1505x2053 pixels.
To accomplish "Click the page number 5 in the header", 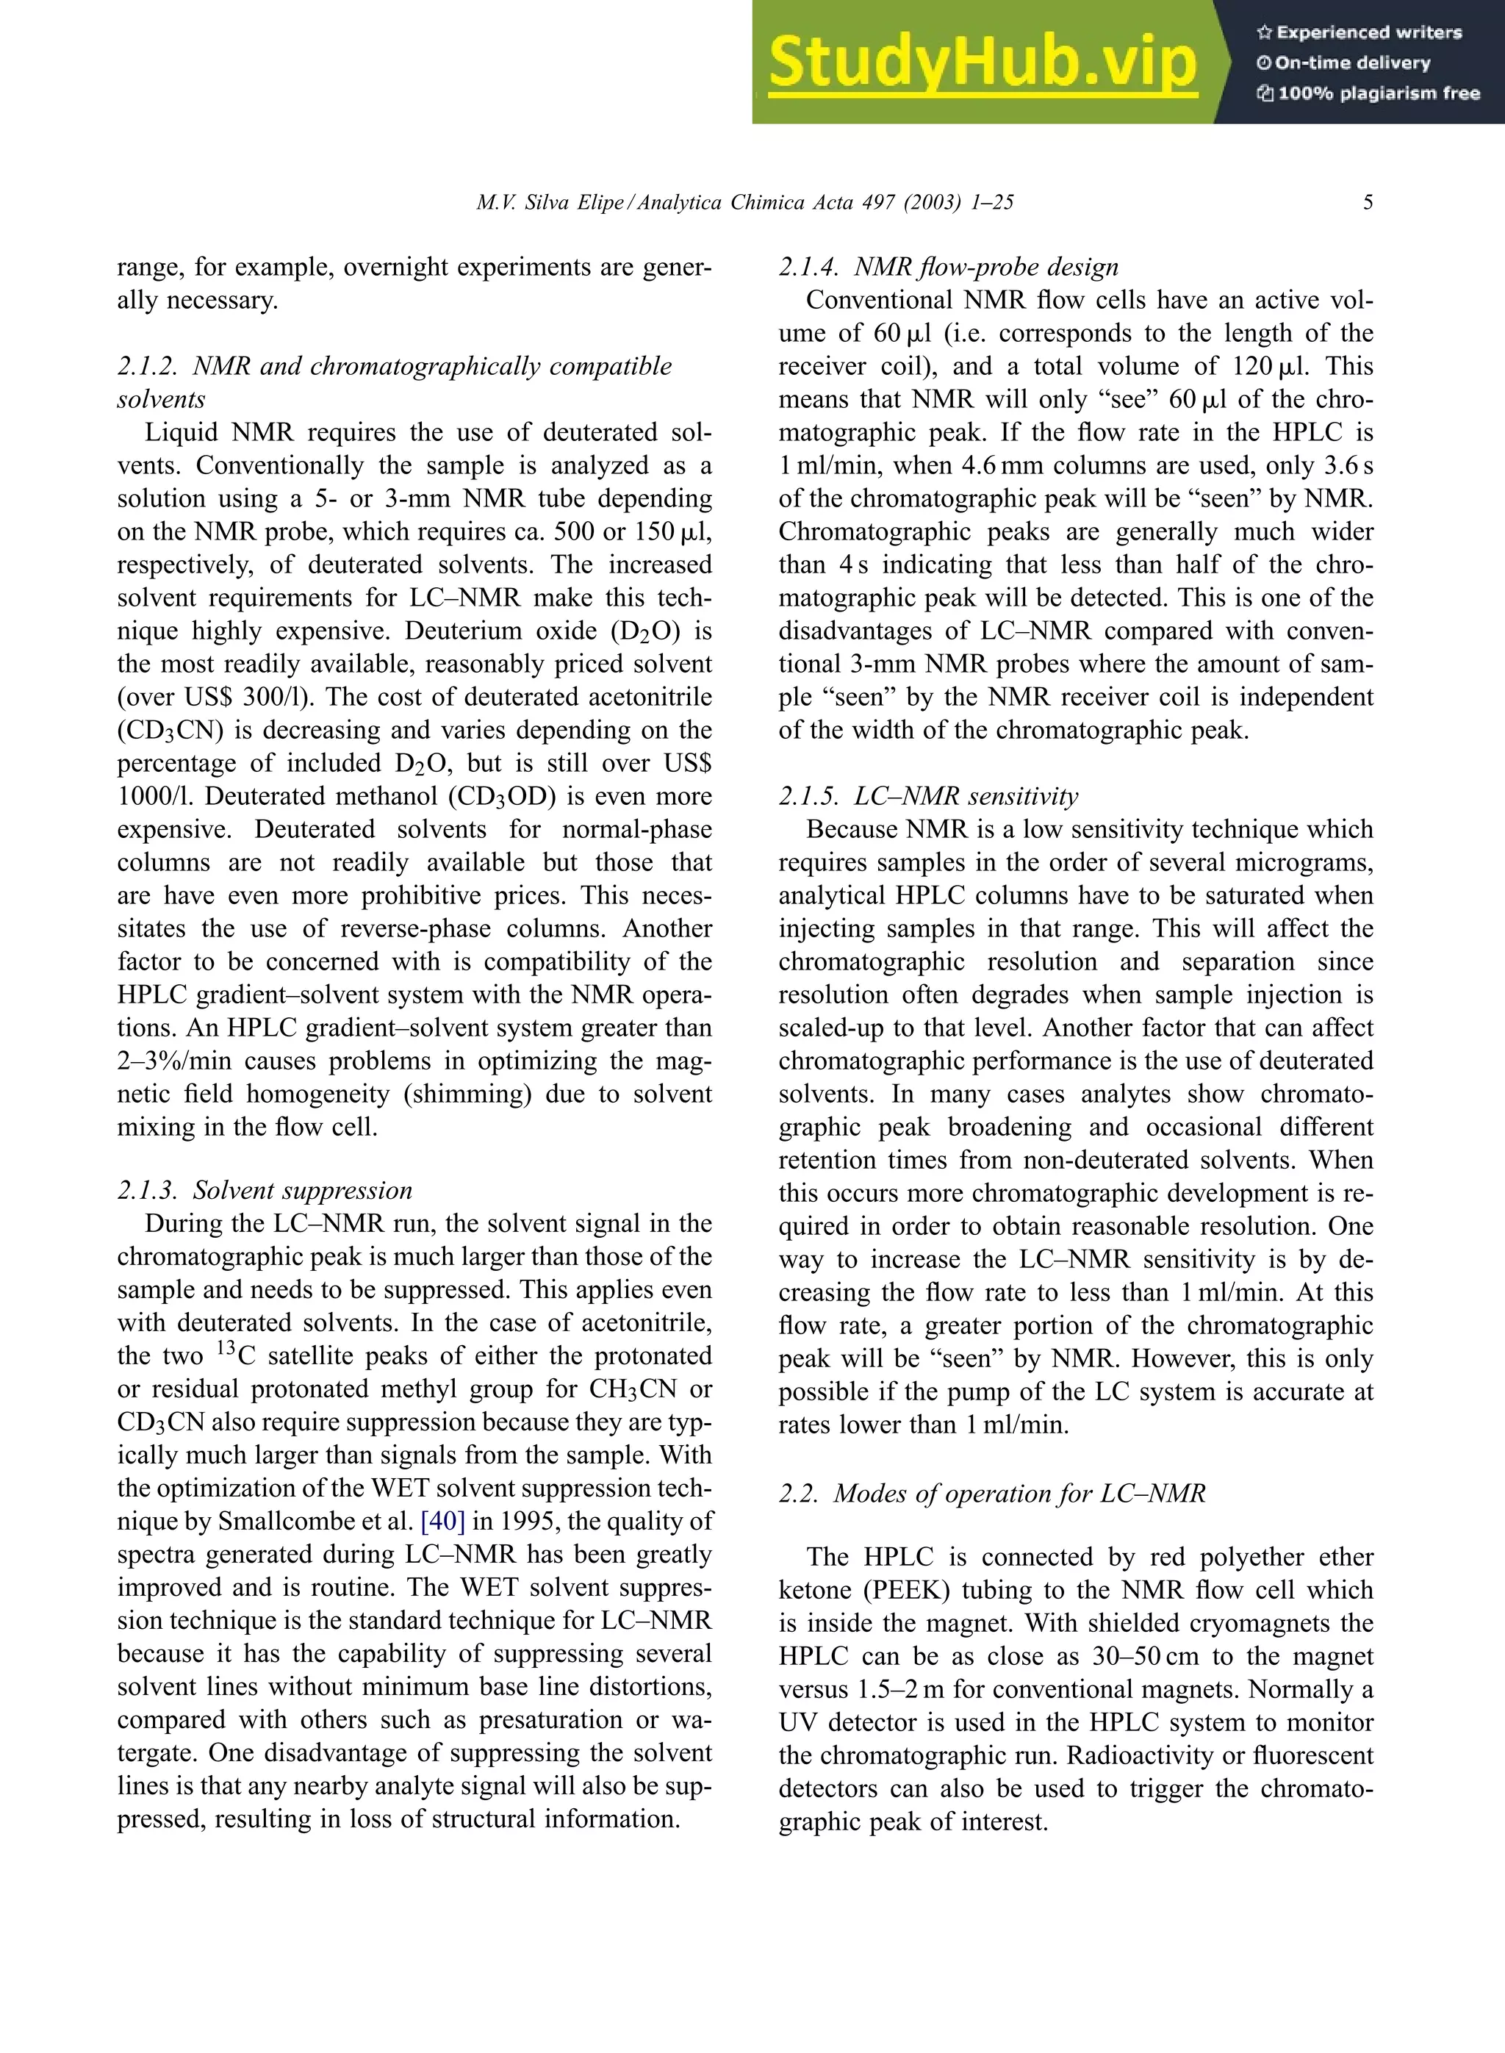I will pos(1368,202).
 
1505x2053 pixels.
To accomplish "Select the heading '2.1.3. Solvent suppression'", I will pos(265,1190).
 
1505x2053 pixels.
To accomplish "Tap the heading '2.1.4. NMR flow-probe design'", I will pos(947,267).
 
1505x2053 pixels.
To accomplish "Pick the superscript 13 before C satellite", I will pos(227,1349).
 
